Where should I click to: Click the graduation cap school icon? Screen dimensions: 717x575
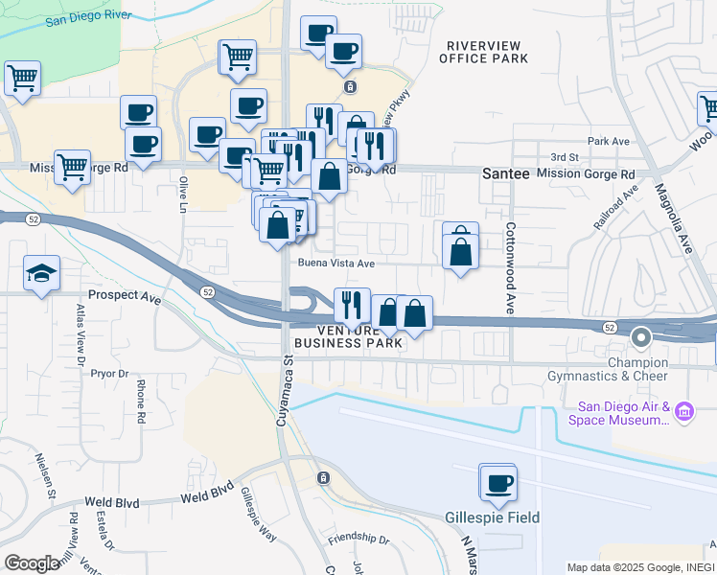[42, 274]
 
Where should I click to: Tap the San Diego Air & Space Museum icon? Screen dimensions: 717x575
[683, 412]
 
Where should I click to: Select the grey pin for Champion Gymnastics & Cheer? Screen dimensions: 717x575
[641, 337]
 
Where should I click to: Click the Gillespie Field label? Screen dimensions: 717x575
[492, 517]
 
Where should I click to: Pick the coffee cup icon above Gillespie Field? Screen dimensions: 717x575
[497, 484]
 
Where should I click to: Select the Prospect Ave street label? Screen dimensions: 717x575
[125, 297]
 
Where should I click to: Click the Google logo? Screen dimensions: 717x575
[32, 563]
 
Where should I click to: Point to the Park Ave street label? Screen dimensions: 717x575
[608, 141]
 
